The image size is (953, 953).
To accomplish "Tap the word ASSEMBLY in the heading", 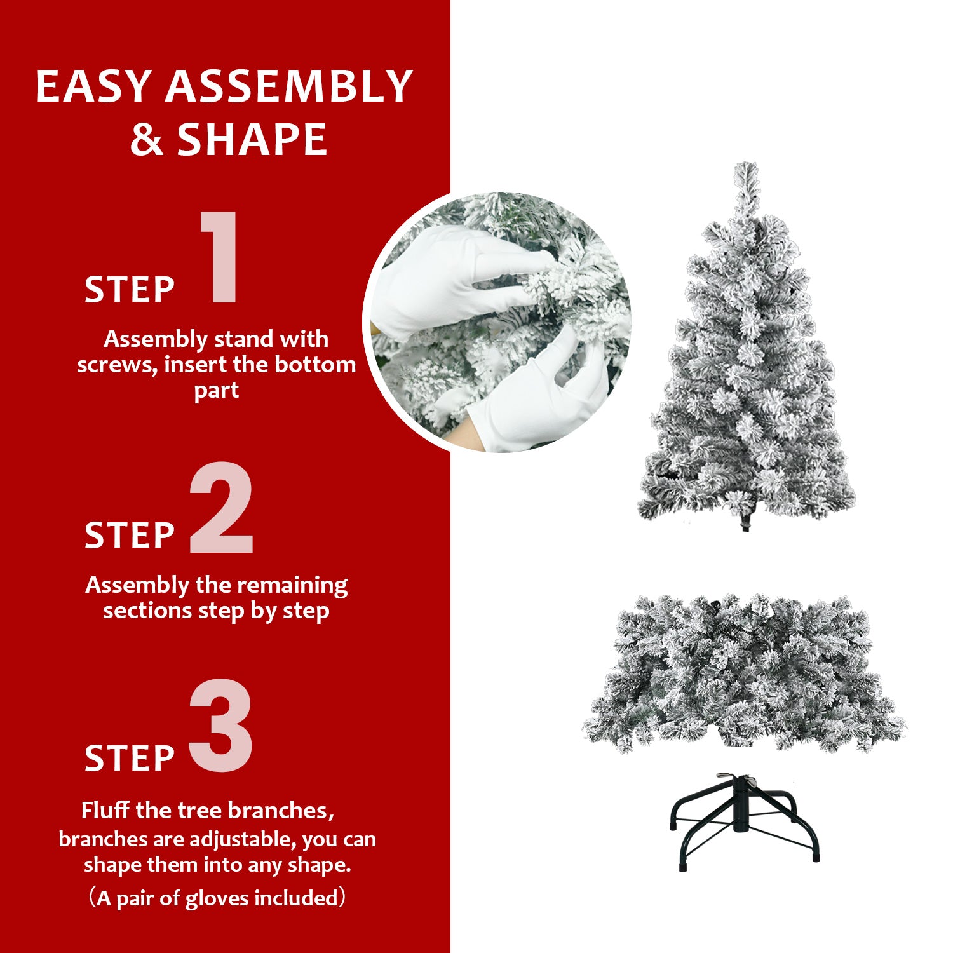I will pyautogui.click(x=289, y=86).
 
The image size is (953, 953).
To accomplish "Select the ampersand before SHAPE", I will pyautogui.click(x=146, y=140).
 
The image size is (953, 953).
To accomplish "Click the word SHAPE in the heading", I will pyautogui.click(x=252, y=140).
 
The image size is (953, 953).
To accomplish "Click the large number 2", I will pyautogui.click(x=221, y=508).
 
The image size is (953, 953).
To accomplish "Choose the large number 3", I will pyautogui.click(x=221, y=726).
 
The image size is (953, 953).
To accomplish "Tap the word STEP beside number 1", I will pyautogui.click(x=130, y=290).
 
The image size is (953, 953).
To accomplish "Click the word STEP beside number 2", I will pyautogui.click(x=130, y=536).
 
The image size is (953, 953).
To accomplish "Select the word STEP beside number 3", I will pyautogui.click(x=130, y=759).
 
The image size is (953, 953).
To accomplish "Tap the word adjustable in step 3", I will pyautogui.click(x=241, y=839).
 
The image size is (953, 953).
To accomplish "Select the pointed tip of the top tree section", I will pyautogui.click(x=747, y=166).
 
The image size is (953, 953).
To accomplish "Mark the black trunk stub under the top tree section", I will pyautogui.click(x=745, y=525).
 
